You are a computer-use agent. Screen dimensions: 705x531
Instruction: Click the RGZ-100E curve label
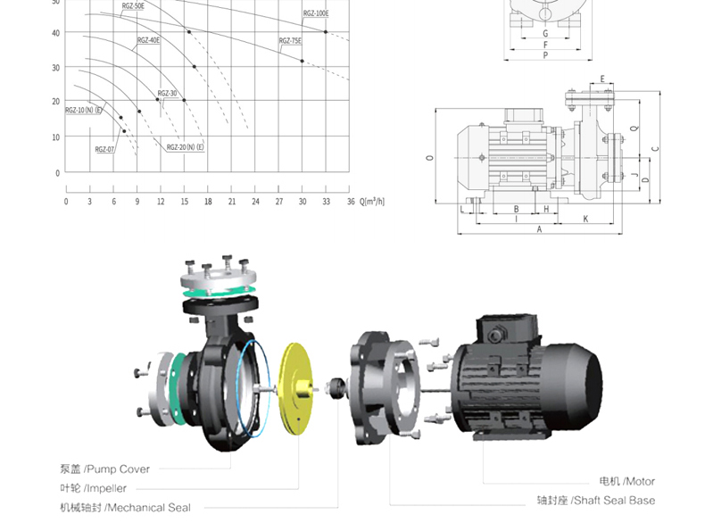tap(316, 13)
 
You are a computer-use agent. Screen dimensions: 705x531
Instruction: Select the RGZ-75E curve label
tap(290, 41)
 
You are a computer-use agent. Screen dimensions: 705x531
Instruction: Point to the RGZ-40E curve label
tap(148, 40)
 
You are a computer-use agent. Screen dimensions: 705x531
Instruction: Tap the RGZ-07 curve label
tap(104, 149)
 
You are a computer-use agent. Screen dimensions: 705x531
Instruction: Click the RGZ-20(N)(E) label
tap(185, 147)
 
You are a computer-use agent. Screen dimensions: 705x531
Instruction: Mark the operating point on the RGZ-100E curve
tap(326, 32)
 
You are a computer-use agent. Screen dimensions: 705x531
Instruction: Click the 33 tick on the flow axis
tap(326, 202)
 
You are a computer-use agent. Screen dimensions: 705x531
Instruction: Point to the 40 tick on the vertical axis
tap(55, 33)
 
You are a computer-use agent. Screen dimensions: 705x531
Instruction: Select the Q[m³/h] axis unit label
tap(372, 201)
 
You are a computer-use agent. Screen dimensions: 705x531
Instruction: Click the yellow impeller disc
tap(296, 389)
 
